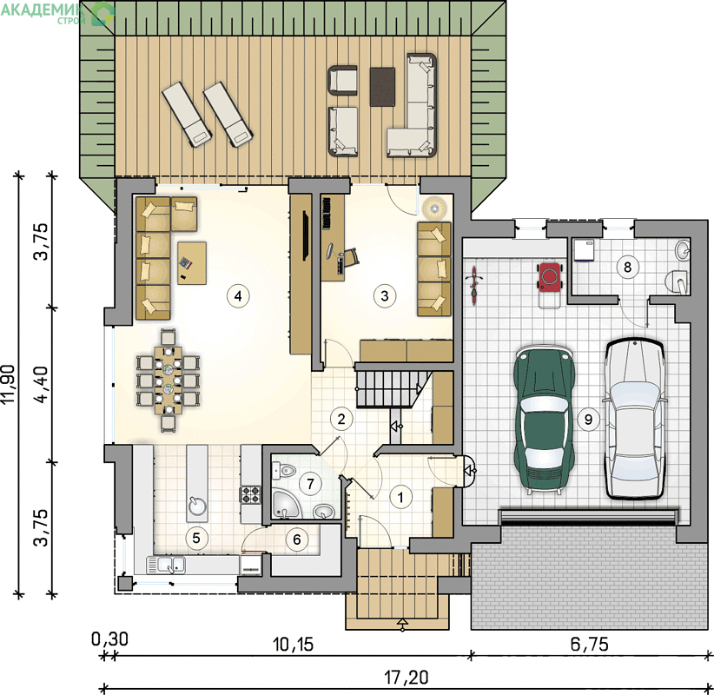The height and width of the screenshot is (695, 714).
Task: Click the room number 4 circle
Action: pos(238,296)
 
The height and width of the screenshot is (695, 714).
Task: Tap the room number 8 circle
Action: pos(627,267)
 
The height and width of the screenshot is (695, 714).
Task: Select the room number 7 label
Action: pos(311,484)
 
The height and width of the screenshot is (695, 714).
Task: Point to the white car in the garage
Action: pos(634,418)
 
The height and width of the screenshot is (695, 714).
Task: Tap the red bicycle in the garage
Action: pos(474,286)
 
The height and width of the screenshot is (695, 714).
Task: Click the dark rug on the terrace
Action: pos(382,87)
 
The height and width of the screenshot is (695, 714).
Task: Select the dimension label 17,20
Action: pos(407,678)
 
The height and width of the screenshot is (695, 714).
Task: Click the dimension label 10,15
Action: pos(293,645)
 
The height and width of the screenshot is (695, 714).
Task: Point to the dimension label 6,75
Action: pos(589,644)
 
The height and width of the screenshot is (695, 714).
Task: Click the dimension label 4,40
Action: pos(42,384)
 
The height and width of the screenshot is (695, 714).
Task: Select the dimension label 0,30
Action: pos(109,639)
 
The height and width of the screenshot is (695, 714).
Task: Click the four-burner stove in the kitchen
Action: pos(251,495)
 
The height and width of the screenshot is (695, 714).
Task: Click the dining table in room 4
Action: pos(168,381)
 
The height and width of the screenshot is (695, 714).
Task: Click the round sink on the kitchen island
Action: pos(197,506)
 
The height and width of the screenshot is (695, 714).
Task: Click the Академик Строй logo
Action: pos(57,12)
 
